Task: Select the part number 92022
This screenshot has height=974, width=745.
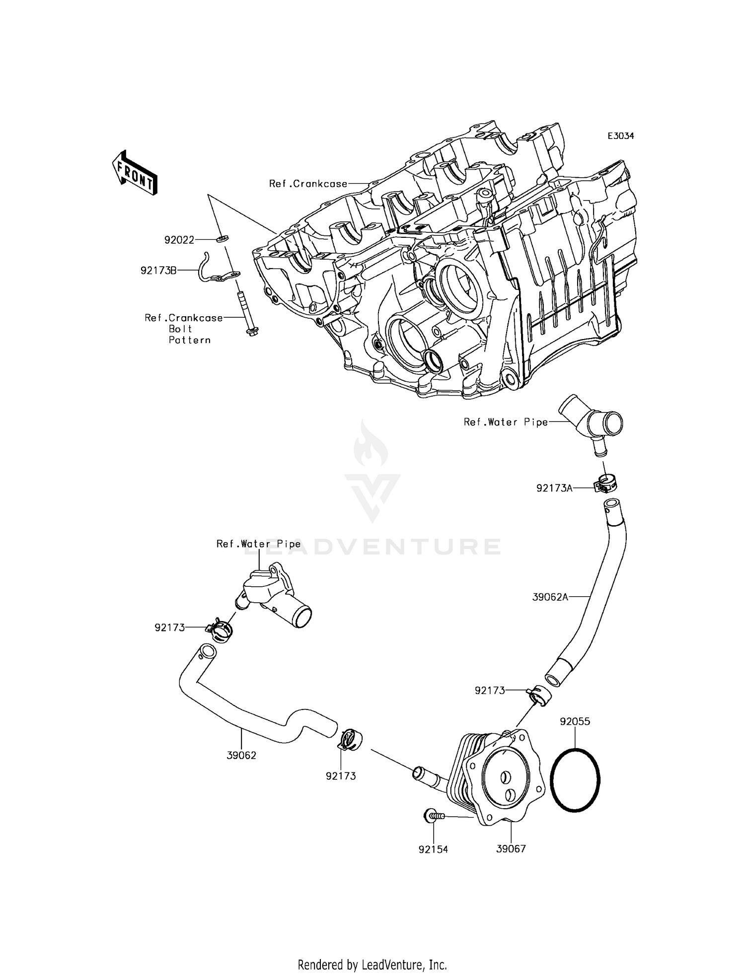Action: click(179, 240)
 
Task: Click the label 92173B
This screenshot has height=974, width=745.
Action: click(158, 271)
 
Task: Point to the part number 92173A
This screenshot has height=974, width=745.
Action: click(554, 488)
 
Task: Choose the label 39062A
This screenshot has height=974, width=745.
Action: click(550, 597)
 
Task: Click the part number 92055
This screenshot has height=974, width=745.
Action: click(575, 721)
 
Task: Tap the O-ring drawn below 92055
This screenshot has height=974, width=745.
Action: click(576, 777)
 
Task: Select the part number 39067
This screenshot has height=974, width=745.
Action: click(511, 849)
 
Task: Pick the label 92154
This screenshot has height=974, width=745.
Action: click(433, 849)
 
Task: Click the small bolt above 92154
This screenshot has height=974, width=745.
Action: click(433, 815)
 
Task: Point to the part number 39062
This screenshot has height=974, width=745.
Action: click(241, 756)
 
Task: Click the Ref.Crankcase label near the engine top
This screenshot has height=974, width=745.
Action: click(308, 184)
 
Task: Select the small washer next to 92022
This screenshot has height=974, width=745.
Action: click(222, 240)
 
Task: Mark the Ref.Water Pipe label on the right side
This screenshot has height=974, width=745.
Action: click(506, 422)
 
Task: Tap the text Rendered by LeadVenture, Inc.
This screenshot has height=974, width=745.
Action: click(372, 965)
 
